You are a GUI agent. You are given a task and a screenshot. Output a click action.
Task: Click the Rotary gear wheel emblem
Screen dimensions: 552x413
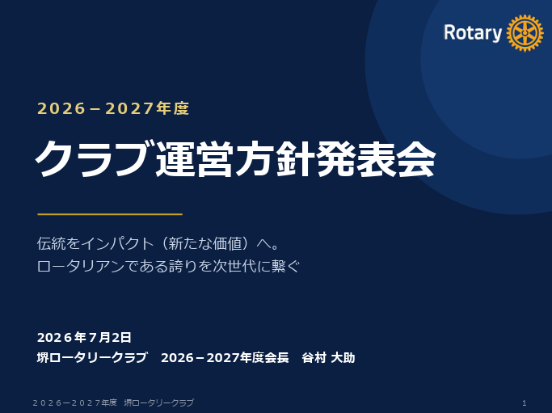coord(525,33)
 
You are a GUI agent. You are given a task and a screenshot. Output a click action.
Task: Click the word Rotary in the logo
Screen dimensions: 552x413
coord(473,33)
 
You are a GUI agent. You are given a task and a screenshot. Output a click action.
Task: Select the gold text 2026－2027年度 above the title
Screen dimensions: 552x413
coord(113,108)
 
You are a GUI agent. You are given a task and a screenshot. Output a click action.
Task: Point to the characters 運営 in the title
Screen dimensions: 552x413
coord(194,159)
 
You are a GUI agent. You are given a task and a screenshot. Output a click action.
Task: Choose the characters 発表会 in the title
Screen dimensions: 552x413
coord(376,159)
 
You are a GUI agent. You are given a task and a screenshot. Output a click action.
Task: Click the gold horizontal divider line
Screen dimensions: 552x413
coord(110,213)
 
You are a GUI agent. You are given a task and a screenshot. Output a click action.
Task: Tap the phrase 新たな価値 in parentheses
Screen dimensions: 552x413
coord(204,243)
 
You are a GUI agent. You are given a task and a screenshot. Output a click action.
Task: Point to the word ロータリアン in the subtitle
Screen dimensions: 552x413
coord(81,266)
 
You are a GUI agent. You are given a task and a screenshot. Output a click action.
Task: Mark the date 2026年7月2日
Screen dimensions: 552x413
coord(84,337)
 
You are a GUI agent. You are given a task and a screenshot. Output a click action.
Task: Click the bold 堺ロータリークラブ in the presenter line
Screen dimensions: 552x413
coord(92,358)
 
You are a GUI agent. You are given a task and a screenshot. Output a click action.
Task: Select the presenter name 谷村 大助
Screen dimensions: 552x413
coord(328,358)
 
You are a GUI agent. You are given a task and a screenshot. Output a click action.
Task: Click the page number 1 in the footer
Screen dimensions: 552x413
coord(525,402)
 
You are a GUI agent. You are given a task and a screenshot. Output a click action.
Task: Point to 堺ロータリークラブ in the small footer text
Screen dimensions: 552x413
coord(158,402)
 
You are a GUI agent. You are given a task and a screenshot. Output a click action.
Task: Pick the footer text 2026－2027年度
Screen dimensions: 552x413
coord(74,402)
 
